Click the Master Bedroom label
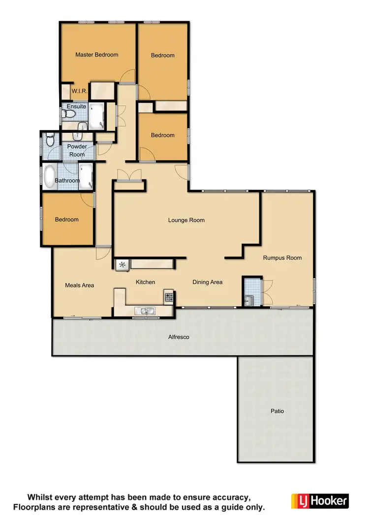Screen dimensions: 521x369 coord(96,55)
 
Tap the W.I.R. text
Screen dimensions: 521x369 coord(79,91)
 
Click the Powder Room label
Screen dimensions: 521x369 coord(77,150)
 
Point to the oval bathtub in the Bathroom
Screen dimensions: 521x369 coord(50,177)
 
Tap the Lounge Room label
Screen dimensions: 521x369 coord(186,220)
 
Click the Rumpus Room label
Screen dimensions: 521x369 coord(282,258)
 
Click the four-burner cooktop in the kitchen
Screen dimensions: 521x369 coord(169,297)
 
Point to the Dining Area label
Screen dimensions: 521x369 coord(207,282)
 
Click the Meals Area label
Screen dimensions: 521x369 coord(79,285)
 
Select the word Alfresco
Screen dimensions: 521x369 coord(179,337)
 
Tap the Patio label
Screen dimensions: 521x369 coord(277,411)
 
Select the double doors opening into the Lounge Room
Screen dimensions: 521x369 coord(129,174)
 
